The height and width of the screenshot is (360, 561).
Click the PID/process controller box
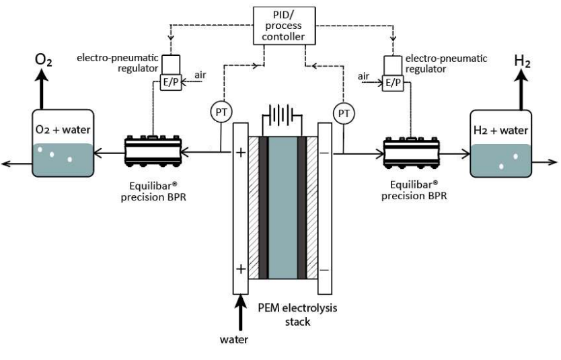coord(282,25)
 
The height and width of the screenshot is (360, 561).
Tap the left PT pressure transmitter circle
coord(220,112)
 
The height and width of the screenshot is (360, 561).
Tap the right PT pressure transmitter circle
coord(344,112)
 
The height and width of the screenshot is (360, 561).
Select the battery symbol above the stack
coord(282,116)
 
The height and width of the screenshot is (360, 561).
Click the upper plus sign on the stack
coord(240,153)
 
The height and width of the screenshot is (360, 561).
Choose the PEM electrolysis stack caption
coord(299,315)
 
